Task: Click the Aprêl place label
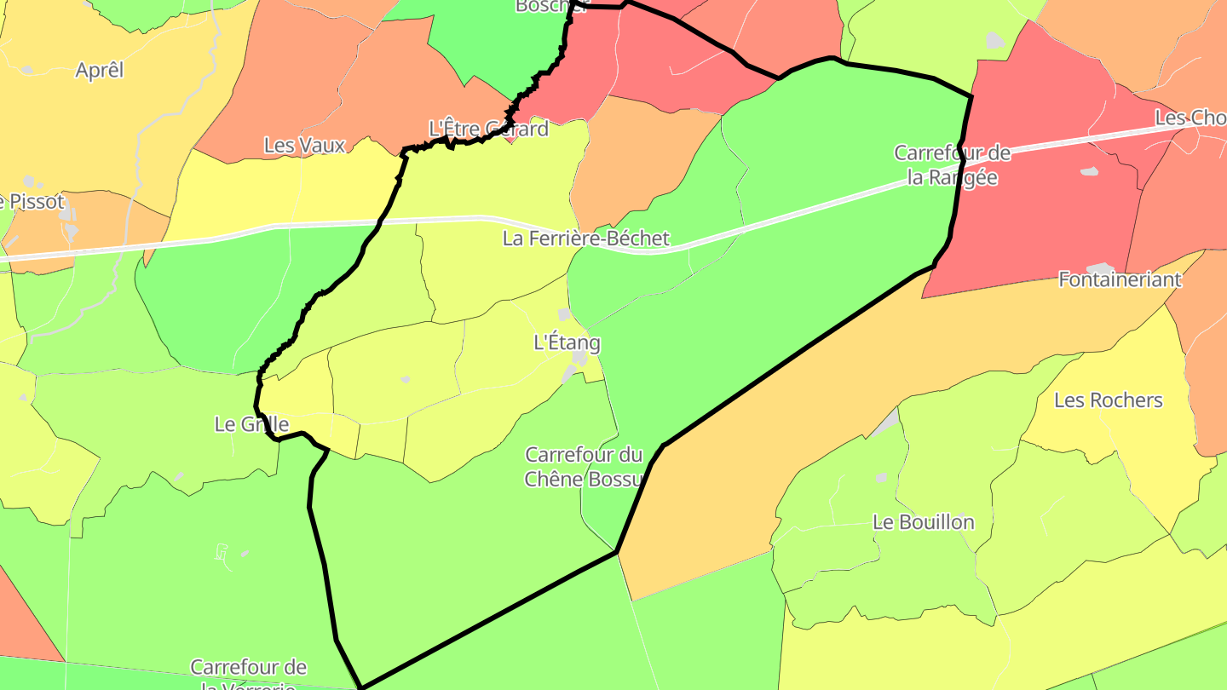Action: point(100,70)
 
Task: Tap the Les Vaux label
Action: point(304,146)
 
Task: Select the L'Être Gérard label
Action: point(488,129)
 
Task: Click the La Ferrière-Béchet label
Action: point(586,239)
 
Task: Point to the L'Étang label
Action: point(567,343)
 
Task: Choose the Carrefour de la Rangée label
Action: point(952,165)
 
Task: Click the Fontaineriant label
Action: point(1120,279)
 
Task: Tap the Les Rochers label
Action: point(1108,400)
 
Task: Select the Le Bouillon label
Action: point(923,522)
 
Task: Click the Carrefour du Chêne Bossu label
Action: point(584,467)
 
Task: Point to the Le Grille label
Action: point(252,424)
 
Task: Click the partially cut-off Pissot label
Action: point(32,202)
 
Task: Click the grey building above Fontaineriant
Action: point(1100,268)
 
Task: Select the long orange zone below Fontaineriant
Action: point(852,409)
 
